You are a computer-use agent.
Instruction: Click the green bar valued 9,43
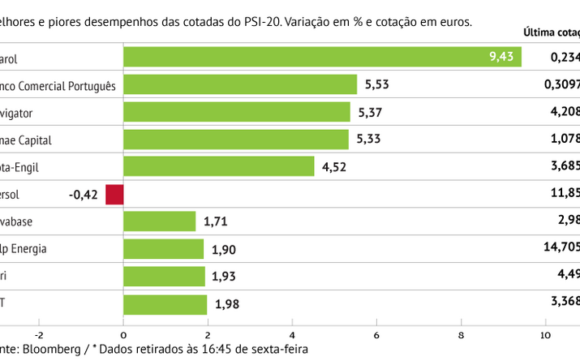pyautogui.click(x=321, y=57)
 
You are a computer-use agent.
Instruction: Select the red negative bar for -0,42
pyautogui.click(x=114, y=195)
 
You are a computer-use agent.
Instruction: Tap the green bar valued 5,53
pyautogui.click(x=240, y=84)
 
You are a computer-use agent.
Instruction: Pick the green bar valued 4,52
pyautogui.click(x=218, y=167)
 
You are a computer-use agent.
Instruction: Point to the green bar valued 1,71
pyautogui.click(x=159, y=221)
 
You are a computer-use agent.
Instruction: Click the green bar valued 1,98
pyautogui.click(x=165, y=304)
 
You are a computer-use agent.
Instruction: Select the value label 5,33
pyautogui.click(x=367, y=140)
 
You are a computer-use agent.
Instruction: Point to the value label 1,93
pyautogui.click(x=224, y=277)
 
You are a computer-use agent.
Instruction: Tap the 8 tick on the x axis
pyautogui.click(x=461, y=333)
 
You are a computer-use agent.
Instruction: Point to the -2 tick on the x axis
pyautogui.click(x=37, y=333)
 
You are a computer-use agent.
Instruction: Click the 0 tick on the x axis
pyautogui.click(x=123, y=333)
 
